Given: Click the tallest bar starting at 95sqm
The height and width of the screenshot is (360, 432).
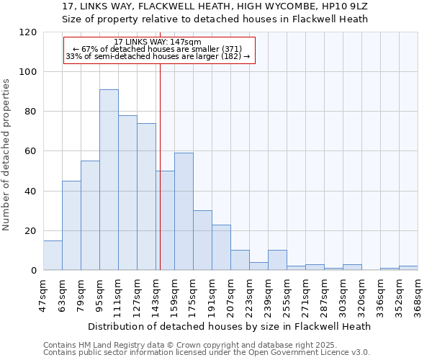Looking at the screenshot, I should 109,180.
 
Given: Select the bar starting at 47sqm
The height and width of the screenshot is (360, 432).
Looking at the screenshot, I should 53,256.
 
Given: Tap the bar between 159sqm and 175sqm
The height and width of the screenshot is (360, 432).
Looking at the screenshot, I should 184,212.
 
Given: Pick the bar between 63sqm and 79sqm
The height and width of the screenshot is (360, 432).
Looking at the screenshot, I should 71,225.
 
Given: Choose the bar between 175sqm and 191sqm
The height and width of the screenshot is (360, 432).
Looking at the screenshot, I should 202,240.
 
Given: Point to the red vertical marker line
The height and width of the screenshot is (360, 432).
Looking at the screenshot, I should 160,166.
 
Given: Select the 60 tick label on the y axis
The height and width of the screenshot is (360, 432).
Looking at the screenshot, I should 32,151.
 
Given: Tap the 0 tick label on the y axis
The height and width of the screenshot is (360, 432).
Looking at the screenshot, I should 35,271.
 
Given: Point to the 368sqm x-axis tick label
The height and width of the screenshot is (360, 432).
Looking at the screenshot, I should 418,293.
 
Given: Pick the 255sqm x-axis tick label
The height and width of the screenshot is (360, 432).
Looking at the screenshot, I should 287,293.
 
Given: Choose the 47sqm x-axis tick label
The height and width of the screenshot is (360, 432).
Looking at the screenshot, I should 43,293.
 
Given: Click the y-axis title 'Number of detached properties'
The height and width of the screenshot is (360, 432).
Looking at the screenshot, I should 7,155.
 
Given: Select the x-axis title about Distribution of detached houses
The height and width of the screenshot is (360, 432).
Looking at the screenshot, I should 230,326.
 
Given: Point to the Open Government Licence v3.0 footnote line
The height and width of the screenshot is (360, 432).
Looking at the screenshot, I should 207,353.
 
